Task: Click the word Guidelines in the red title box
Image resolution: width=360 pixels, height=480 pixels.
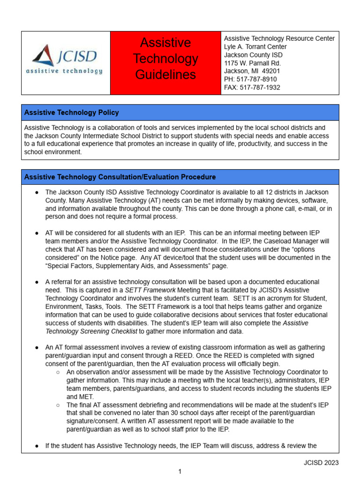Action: tap(165, 75)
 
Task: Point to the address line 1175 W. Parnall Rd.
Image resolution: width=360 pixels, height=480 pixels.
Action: tap(252, 63)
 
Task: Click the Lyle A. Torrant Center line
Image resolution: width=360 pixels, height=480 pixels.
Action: tap(255, 47)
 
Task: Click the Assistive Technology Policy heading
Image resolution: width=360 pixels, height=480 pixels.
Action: tap(71, 112)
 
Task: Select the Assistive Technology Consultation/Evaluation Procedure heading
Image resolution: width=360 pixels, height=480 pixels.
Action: tap(120, 177)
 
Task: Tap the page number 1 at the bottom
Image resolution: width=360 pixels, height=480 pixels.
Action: tap(180, 472)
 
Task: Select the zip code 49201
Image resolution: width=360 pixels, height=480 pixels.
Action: tap(274, 71)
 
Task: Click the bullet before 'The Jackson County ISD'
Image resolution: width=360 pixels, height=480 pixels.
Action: tap(37, 192)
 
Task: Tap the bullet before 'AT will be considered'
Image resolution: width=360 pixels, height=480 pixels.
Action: tap(37, 233)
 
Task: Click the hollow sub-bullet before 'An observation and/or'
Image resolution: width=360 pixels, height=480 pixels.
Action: tap(57, 372)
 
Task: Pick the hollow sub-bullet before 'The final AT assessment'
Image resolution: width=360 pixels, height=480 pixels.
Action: tap(57, 405)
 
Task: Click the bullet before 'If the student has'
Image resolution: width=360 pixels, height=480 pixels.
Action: tap(37, 446)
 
